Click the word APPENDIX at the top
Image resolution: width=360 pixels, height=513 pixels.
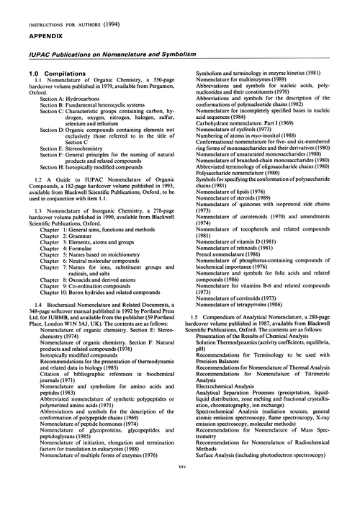pos(28,21)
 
